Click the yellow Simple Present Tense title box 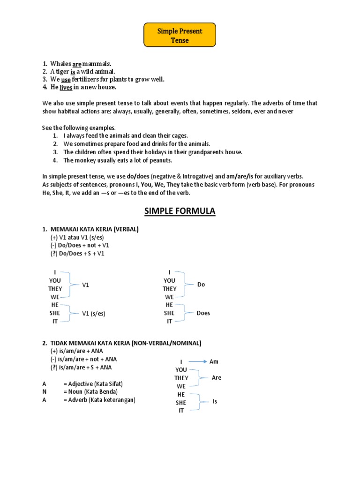(180, 35)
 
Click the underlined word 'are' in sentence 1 (77, 63)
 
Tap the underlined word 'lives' (66, 87)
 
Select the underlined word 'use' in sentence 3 (66, 79)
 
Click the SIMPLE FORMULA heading (180, 211)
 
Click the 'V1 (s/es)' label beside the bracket (94, 314)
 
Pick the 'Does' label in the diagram (203, 313)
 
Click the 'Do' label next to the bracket (201, 285)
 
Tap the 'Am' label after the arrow (214, 362)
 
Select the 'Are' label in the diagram (216, 378)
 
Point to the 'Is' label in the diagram (215, 402)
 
